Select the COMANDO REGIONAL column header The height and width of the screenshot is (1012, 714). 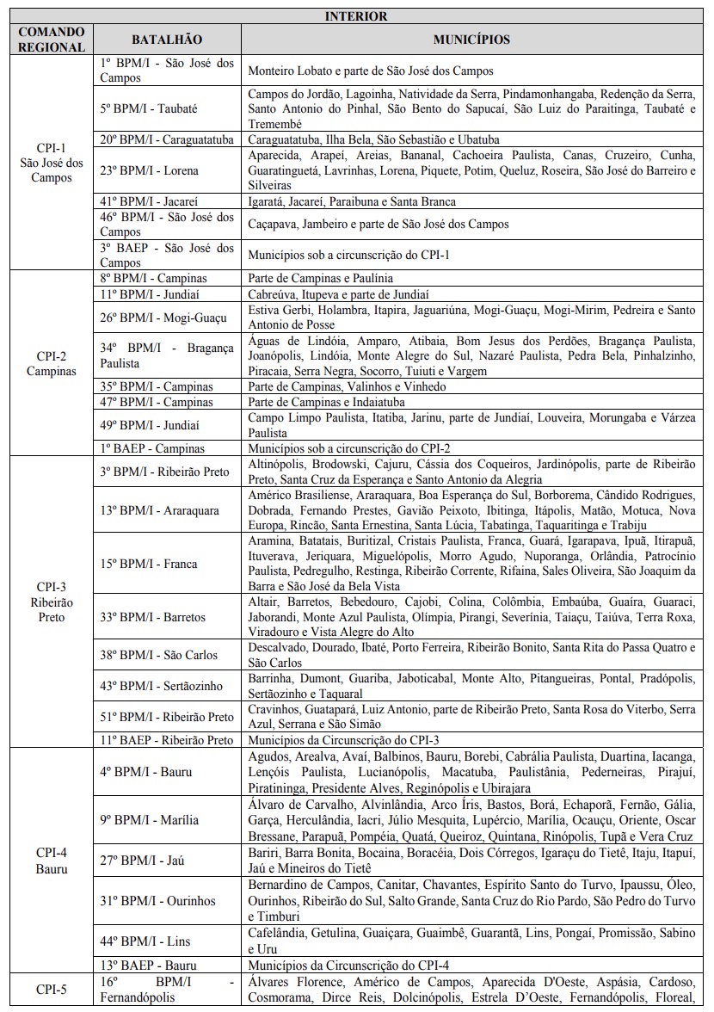(x=51, y=40)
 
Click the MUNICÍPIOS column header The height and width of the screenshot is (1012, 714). (x=471, y=40)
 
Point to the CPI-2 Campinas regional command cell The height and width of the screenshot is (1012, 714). (x=51, y=362)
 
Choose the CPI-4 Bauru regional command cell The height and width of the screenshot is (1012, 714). (x=51, y=860)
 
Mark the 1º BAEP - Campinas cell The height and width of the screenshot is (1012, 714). (x=152, y=448)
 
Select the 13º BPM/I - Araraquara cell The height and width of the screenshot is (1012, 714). (x=159, y=510)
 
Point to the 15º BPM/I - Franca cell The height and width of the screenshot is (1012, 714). (x=149, y=564)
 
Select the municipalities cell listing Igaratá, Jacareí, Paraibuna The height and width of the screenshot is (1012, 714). (x=352, y=201)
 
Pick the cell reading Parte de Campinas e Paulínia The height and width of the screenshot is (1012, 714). (x=321, y=278)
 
